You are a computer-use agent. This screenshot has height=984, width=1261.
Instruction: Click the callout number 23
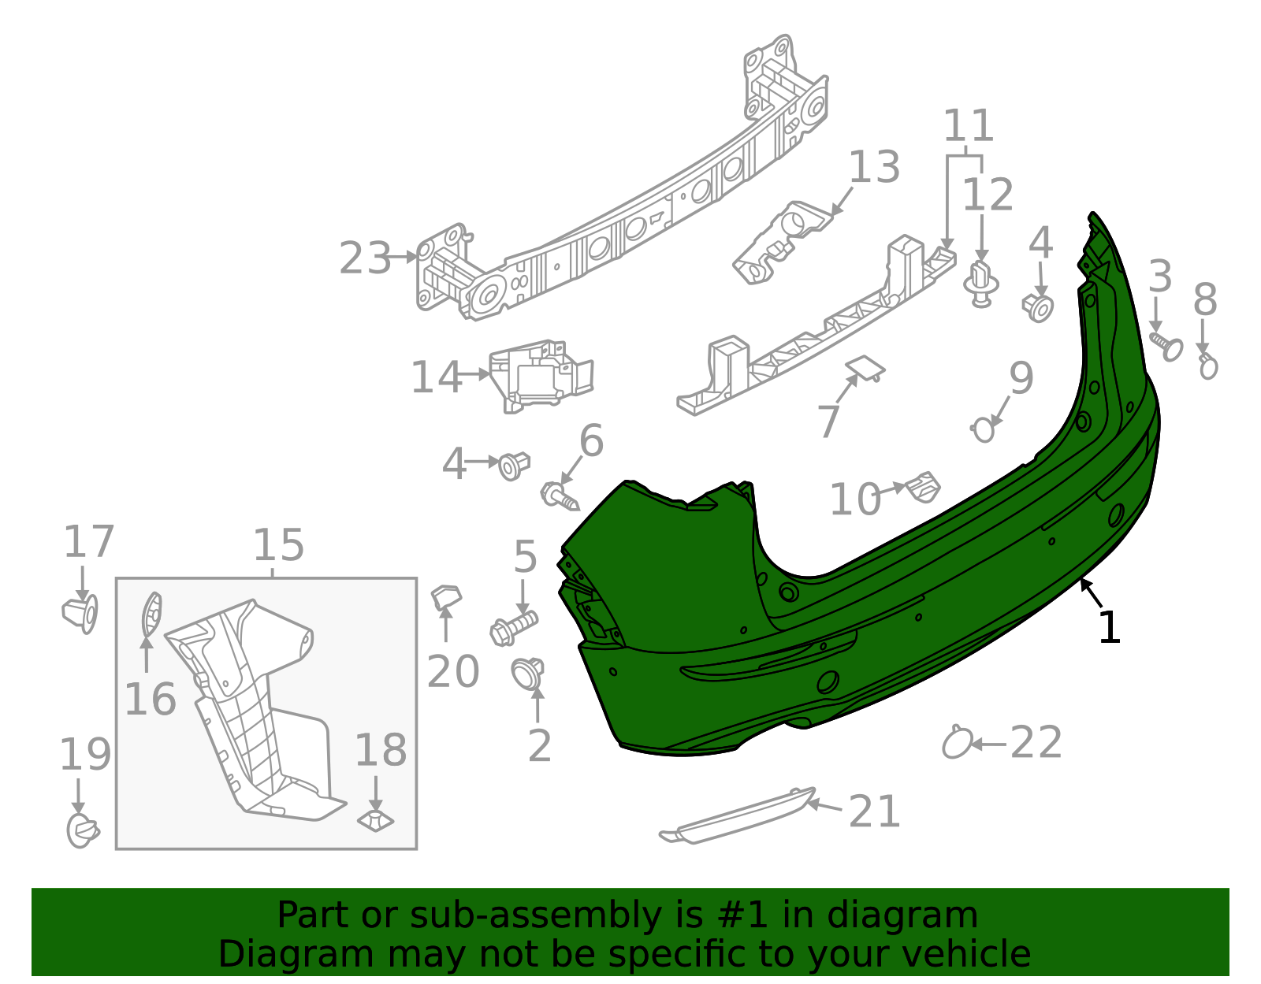point(365,258)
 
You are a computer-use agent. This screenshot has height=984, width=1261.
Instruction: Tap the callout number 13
point(874,167)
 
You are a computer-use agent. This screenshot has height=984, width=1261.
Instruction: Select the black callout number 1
point(1109,628)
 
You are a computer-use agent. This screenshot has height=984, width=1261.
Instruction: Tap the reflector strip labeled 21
point(737,815)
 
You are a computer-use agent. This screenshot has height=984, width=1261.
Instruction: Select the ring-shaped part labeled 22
point(957,743)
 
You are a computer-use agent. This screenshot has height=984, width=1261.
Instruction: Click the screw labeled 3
point(1166,345)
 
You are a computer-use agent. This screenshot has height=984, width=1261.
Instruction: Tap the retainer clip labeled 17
point(80,614)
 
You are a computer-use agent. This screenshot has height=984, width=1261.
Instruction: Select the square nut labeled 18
point(376,820)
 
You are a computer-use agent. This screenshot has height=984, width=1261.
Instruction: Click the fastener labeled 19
point(81,830)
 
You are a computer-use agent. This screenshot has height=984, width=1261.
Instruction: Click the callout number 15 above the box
point(278,544)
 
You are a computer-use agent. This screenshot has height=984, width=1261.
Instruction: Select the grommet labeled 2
point(526,674)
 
